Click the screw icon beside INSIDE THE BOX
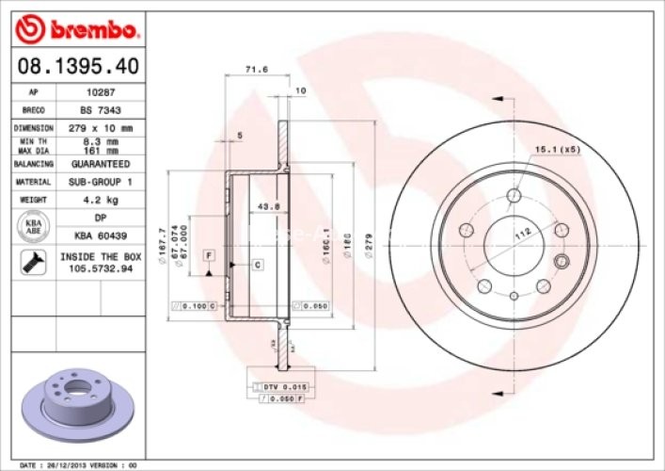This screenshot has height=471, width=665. coord(33,262)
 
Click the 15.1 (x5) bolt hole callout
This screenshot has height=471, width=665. coord(558,148)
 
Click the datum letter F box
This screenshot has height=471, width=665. coord(207,255)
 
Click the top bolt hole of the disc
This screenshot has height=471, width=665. coord(514,195)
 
